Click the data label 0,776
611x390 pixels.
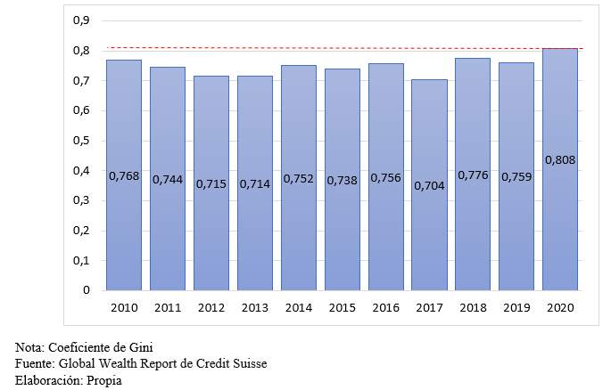474,175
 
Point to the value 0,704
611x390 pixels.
429,185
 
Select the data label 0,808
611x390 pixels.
560,161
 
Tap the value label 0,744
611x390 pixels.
168,179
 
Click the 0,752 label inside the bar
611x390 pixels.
299,178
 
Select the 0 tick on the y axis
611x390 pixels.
87,290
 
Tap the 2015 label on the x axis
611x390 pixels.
343,308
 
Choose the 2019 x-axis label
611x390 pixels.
517,308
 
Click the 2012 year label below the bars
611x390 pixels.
211,308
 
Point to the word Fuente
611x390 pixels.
34,364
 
